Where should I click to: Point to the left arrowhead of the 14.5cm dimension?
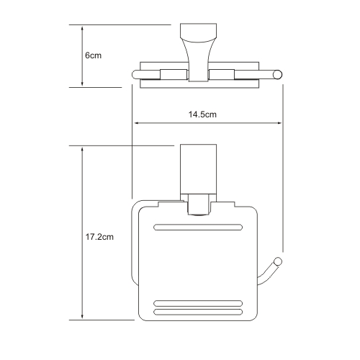(x=135, y=123)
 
